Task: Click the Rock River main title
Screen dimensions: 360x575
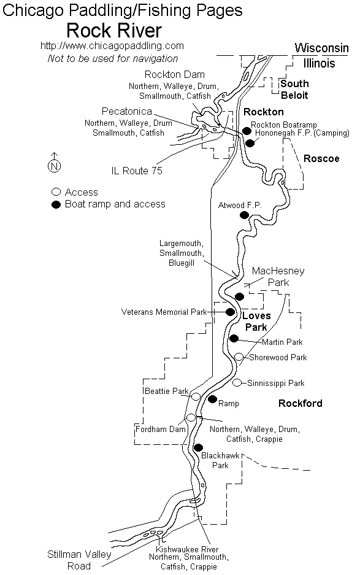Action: pos(114,31)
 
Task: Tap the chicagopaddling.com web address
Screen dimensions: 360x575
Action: pos(112,46)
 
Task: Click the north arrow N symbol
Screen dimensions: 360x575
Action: pos(54,166)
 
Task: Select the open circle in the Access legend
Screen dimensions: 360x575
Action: pos(56,192)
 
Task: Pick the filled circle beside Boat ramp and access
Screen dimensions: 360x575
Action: pos(56,204)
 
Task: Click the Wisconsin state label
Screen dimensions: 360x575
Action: pos(321,48)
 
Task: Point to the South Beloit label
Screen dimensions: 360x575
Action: pos(294,90)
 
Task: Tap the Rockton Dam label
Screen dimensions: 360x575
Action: pos(175,74)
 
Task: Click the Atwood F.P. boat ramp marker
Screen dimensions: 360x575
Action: pos(244,215)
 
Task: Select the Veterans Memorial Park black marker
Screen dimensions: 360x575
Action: pos(230,312)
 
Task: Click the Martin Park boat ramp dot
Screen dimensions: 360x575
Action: pos(234,338)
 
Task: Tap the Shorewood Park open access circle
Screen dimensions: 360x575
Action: pos(239,357)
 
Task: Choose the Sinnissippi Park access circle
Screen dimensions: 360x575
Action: pos(237,382)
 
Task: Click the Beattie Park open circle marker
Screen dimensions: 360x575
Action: pos(196,396)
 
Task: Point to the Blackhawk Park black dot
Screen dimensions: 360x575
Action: pos(198,447)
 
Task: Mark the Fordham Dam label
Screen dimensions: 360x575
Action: pos(161,429)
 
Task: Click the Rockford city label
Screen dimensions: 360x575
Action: pos(301,403)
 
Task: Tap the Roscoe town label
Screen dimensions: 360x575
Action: pos(321,158)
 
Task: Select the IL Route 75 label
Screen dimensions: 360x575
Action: pos(137,171)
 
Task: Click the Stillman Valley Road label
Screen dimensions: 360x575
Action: pos(79,560)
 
